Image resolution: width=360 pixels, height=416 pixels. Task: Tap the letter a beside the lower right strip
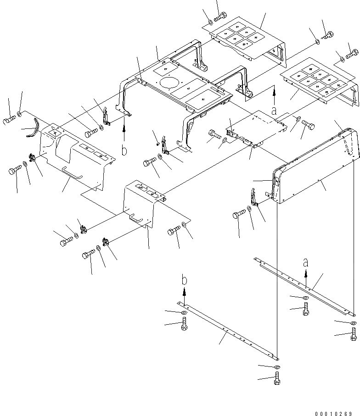306,263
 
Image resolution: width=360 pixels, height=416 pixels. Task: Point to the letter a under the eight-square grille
274,110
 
